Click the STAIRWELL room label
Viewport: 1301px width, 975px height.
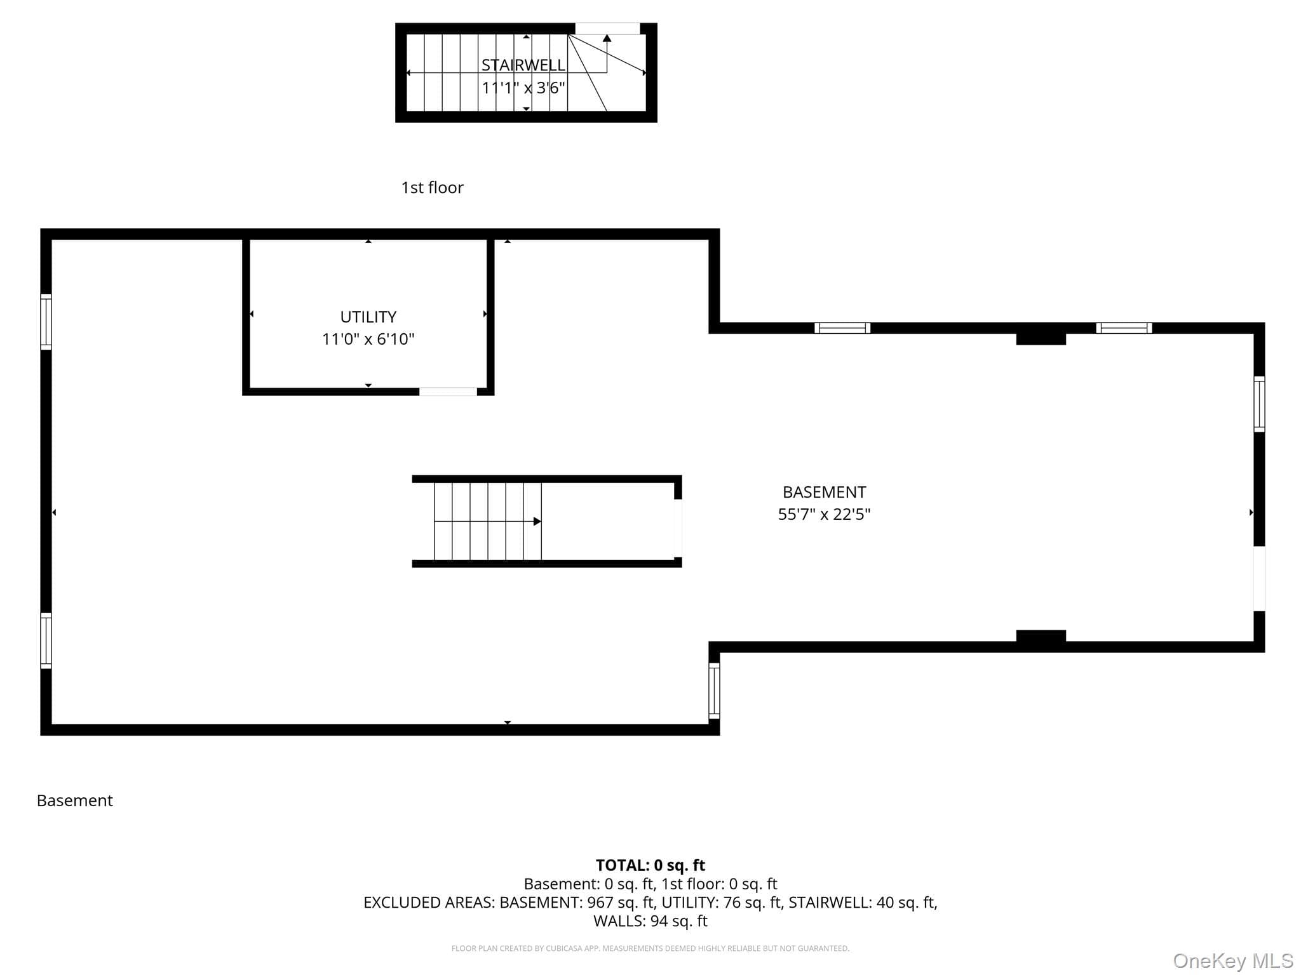[x=523, y=65]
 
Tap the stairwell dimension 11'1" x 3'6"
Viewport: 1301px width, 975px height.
[x=523, y=88]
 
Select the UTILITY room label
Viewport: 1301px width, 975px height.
[x=368, y=317]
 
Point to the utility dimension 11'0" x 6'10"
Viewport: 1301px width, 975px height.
[x=368, y=339]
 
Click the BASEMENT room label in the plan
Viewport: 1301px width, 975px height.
[x=824, y=492]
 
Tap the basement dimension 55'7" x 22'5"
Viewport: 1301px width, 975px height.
[x=824, y=514]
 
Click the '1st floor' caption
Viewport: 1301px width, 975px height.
[x=432, y=187]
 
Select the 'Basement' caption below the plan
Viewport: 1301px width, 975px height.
[x=75, y=800]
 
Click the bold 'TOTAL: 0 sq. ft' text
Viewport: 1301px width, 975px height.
[x=650, y=865]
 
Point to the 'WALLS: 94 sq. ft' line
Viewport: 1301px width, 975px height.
[x=650, y=921]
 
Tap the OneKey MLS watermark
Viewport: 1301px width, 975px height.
[x=1233, y=961]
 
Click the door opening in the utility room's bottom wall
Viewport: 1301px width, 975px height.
[x=448, y=392]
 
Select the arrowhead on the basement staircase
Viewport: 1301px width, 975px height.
[x=537, y=521]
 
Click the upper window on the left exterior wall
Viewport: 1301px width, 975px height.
[x=46, y=322]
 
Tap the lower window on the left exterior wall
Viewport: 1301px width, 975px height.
[x=46, y=640]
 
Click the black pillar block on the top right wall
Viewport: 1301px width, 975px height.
[x=1041, y=338]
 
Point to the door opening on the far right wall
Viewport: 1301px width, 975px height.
[x=1259, y=578]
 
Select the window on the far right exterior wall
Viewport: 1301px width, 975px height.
[x=1259, y=404]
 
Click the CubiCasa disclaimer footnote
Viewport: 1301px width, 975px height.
[x=650, y=948]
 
